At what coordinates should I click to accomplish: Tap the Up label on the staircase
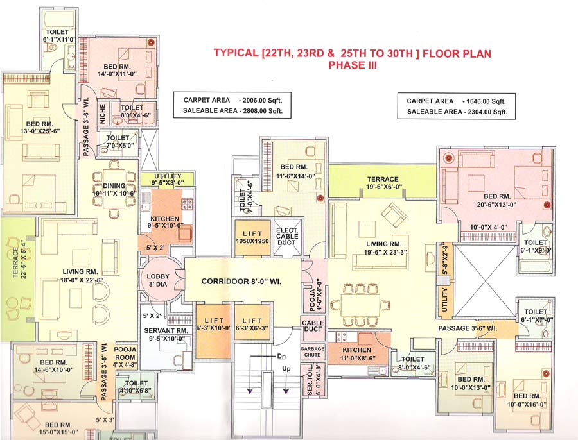point(286,369)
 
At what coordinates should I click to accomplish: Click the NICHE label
point(101,114)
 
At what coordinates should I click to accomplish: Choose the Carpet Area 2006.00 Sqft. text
point(232,101)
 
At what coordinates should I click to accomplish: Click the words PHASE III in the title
point(352,65)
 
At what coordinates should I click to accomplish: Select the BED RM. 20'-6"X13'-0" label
point(498,199)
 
